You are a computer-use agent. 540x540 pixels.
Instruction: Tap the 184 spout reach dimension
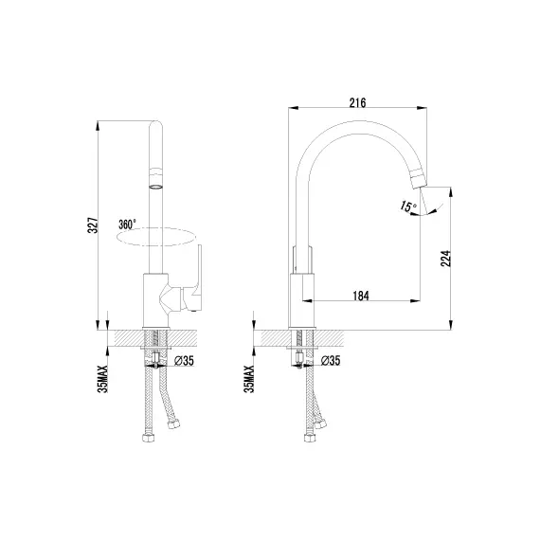pyautogui.click(x=360, y=296)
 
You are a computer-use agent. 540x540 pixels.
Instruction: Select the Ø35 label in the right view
pyautogui.click(x=331, y=360)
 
